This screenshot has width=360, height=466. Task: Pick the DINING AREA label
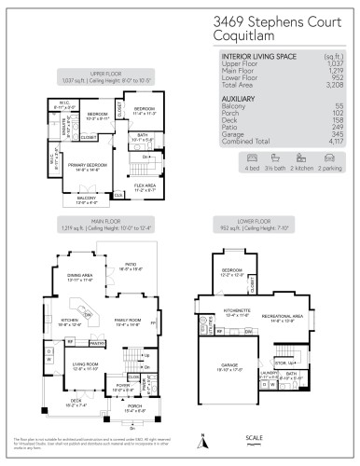click(71, 276)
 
